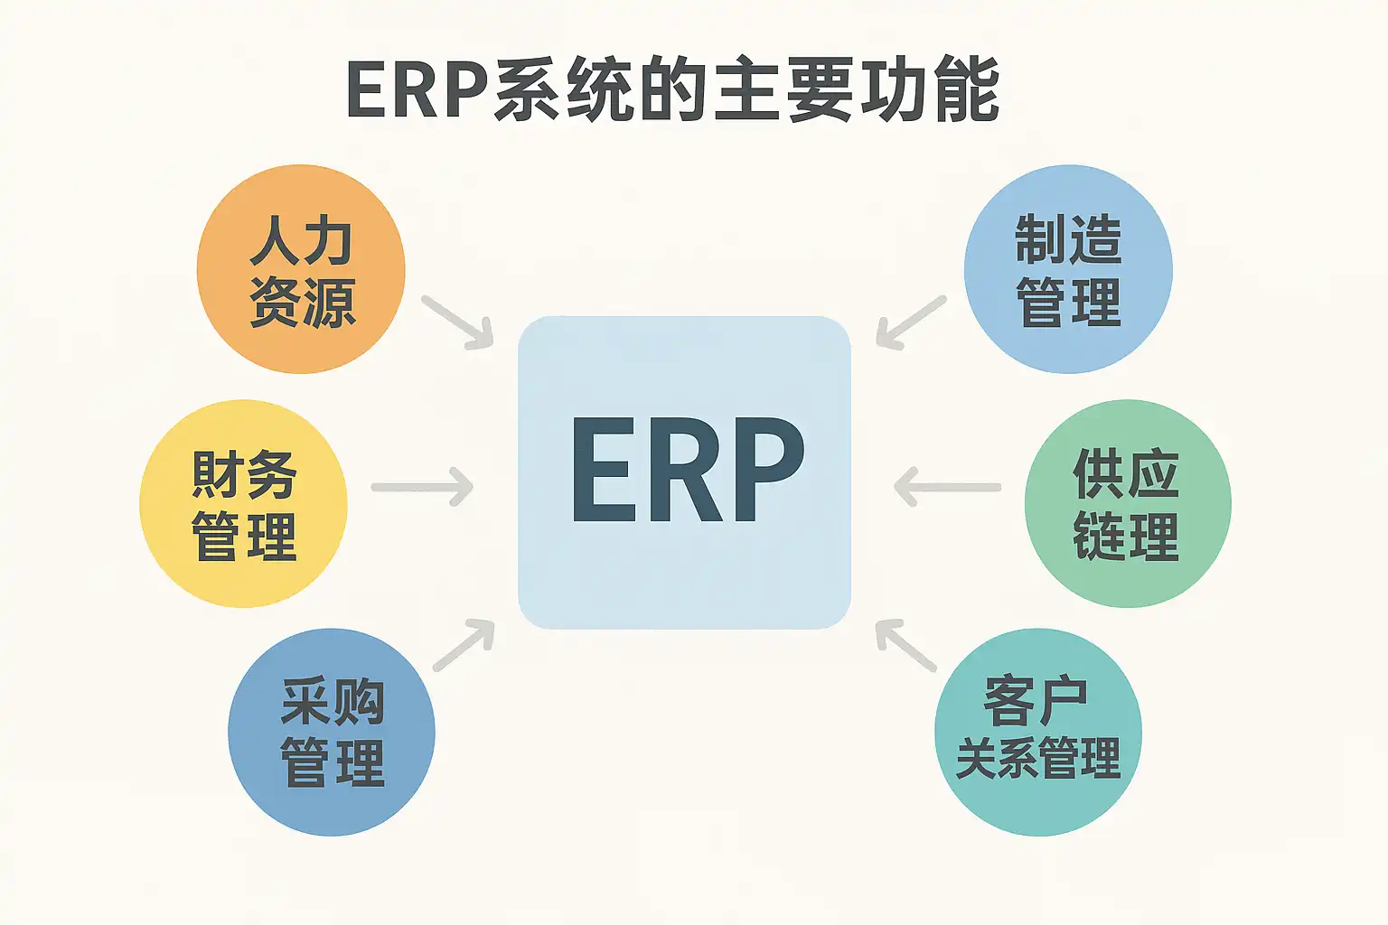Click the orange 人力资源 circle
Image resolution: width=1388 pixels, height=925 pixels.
[301, 269]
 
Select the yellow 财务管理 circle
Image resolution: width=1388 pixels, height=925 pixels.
[243, 504]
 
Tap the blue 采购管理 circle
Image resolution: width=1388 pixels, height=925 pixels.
[332, 732]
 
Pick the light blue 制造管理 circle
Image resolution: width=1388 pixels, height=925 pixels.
[1068, 269]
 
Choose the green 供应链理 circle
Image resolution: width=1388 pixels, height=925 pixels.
[1127, 504]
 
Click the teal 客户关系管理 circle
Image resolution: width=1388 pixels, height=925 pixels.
[1037, 732]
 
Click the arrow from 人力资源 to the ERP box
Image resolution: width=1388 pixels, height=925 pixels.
[457, 322]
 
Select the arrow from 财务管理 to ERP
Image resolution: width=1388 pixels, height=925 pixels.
[422, 488]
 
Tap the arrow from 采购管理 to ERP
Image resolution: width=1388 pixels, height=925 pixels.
[464, 645]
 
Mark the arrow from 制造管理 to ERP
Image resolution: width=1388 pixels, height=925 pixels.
[911, 322]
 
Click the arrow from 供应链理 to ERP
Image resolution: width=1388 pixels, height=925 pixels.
[947, 488]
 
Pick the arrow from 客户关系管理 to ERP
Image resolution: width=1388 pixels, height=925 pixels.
[906, 645]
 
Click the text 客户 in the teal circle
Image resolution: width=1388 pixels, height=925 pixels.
[1036, 701]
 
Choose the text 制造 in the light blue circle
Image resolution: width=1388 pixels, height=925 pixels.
[1068, 239]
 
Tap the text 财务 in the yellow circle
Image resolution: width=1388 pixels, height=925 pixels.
[243, 474]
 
